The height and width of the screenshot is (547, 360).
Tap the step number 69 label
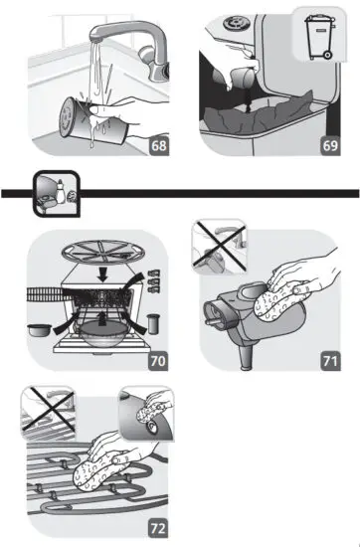pos(331,146)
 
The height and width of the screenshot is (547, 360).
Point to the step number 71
pos(331,360)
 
